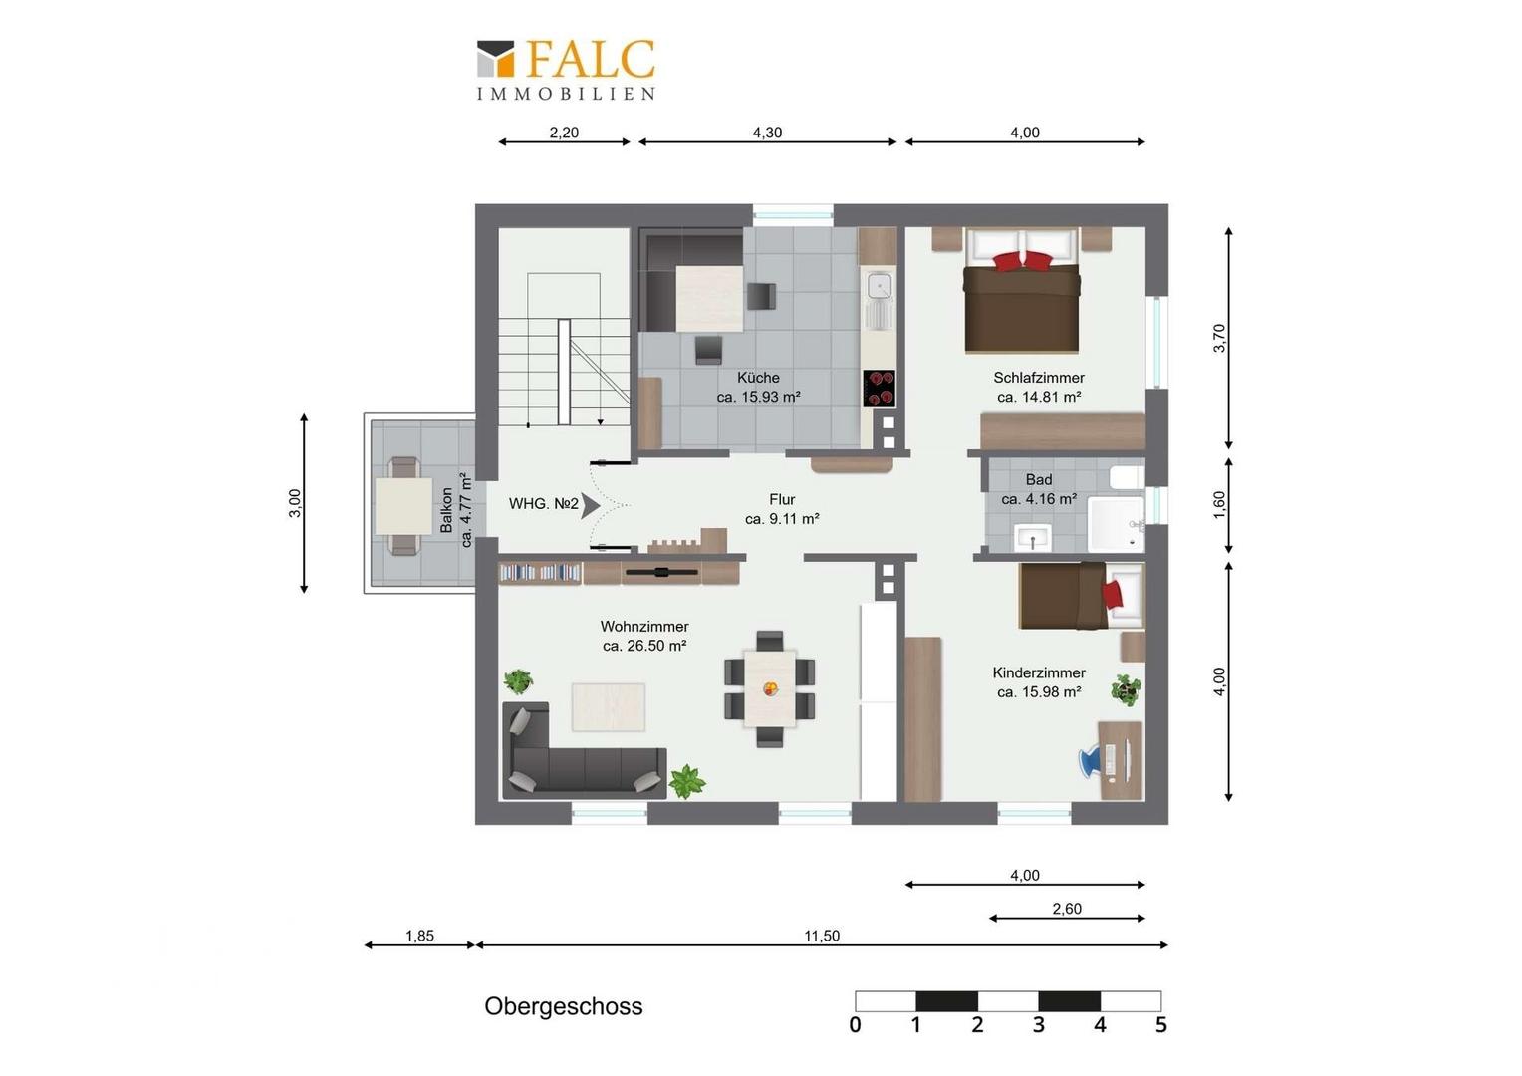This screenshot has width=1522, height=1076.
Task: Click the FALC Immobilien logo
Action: (566, 70)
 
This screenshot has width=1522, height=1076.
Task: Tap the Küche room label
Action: (758, 378)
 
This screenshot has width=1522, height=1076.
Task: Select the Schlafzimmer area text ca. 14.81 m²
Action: (1039, 397)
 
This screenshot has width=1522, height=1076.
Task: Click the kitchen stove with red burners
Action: (880, 389)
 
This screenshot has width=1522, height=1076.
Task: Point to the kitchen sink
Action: (880, 301)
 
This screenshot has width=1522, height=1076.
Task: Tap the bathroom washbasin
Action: (1033, 538)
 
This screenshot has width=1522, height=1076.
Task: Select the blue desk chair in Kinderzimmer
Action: (1092, 762)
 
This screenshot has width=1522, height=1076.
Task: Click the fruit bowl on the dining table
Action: (770, 689)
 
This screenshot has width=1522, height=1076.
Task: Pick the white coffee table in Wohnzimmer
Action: (609, 707)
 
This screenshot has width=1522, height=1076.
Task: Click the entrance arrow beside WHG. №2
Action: (590, 506)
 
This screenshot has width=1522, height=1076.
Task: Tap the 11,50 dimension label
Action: (822, 936)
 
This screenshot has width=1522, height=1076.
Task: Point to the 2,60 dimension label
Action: (1067, 909)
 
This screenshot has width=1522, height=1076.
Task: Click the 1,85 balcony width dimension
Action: (420, 936)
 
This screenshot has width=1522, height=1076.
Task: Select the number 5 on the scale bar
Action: (1161, 1025)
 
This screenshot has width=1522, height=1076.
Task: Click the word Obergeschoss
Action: (563, 1006)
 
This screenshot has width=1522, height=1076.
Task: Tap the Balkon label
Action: (446, 510)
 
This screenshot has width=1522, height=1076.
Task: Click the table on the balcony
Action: (403, 506)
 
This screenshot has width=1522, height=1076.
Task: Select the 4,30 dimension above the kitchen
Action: (767, 133)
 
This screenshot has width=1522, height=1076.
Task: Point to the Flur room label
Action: (782, 499)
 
